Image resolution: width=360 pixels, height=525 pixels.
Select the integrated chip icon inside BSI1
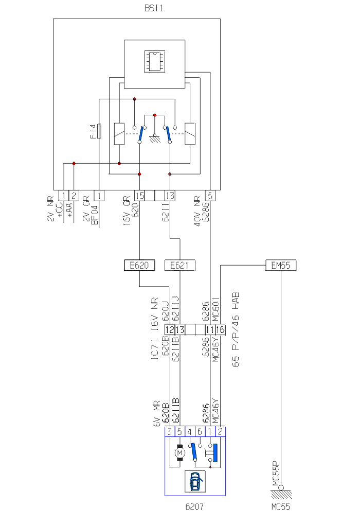[153, 61]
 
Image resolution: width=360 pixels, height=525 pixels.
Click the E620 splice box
[139, 265]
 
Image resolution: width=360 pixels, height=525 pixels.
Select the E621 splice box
[179, 265]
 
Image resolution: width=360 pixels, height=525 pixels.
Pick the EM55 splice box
[281, 265]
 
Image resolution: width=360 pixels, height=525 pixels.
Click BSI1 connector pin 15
[139, 196]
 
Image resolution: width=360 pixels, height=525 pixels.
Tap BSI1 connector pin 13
[170, 196]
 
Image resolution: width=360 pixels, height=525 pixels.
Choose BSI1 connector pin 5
[210, 196]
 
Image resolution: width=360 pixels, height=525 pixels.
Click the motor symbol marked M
[179, 453]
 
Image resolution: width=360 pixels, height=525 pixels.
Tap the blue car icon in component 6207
[195, 482]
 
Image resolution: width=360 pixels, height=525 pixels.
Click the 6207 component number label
[194, 507]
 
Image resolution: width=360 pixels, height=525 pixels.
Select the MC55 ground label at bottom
[281, 507]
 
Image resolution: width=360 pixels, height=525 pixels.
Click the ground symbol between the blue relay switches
[154, 137]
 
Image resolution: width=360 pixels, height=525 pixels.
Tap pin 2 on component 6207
[220, 431]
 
